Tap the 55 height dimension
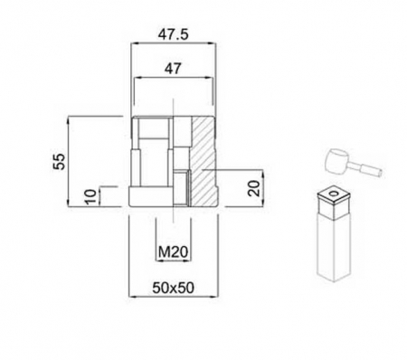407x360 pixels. point(60,161)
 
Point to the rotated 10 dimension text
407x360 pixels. point(88,196)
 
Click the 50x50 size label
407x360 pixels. point(174,288)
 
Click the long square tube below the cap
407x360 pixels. point(334,244)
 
